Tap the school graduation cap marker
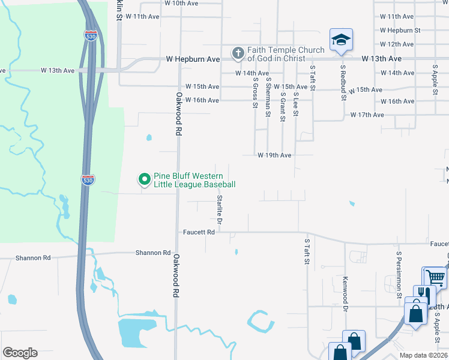click(x=341, y=40)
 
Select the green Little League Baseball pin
click(x=144, y=179)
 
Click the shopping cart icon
click(x=435, y=277)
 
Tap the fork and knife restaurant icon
click(x=424, y=295)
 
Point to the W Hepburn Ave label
click(x=193, y=60)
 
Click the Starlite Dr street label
click(x=220, y=211)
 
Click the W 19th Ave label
click(x=274, y=155)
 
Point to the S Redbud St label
click(x=343, y=83)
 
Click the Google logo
click(x=20, y=353)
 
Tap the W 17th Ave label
click(x=367, y=115)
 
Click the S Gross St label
click(x=255, y=92)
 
